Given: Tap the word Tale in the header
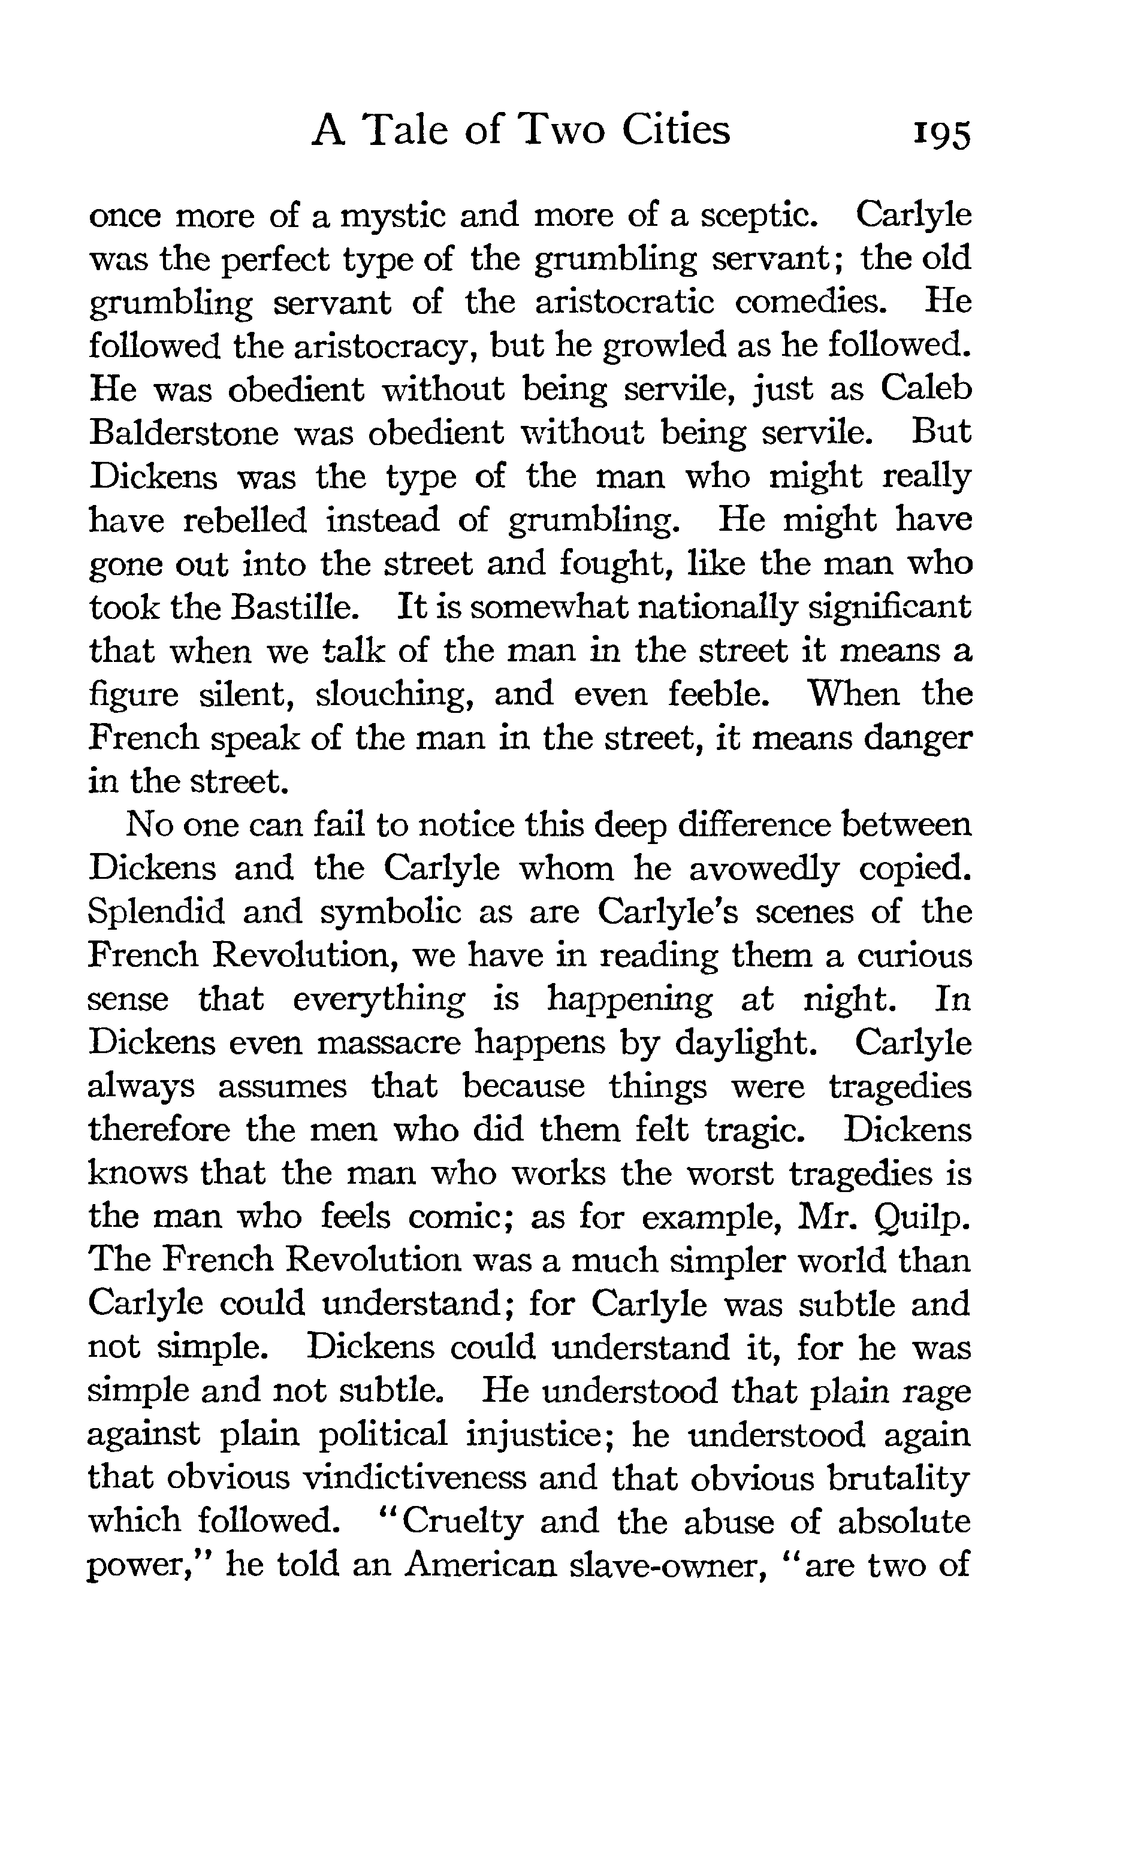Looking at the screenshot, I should click(405, 129).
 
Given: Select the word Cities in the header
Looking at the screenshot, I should click(676, 129).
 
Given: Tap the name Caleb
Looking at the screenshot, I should click(925, 389).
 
